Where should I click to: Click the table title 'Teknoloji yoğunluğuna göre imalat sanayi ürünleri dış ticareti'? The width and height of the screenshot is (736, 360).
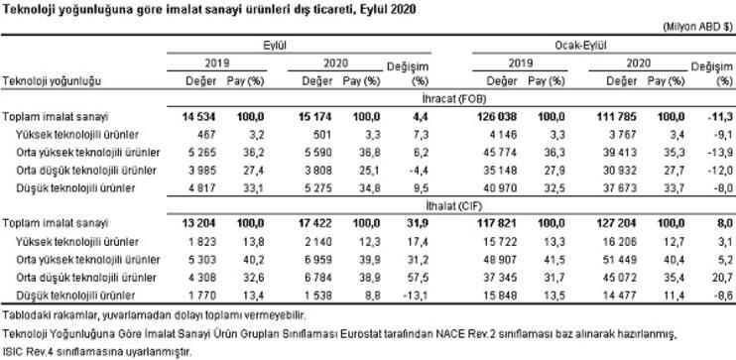tap(209, 9)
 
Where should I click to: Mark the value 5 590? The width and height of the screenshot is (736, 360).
tap(313, 152)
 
